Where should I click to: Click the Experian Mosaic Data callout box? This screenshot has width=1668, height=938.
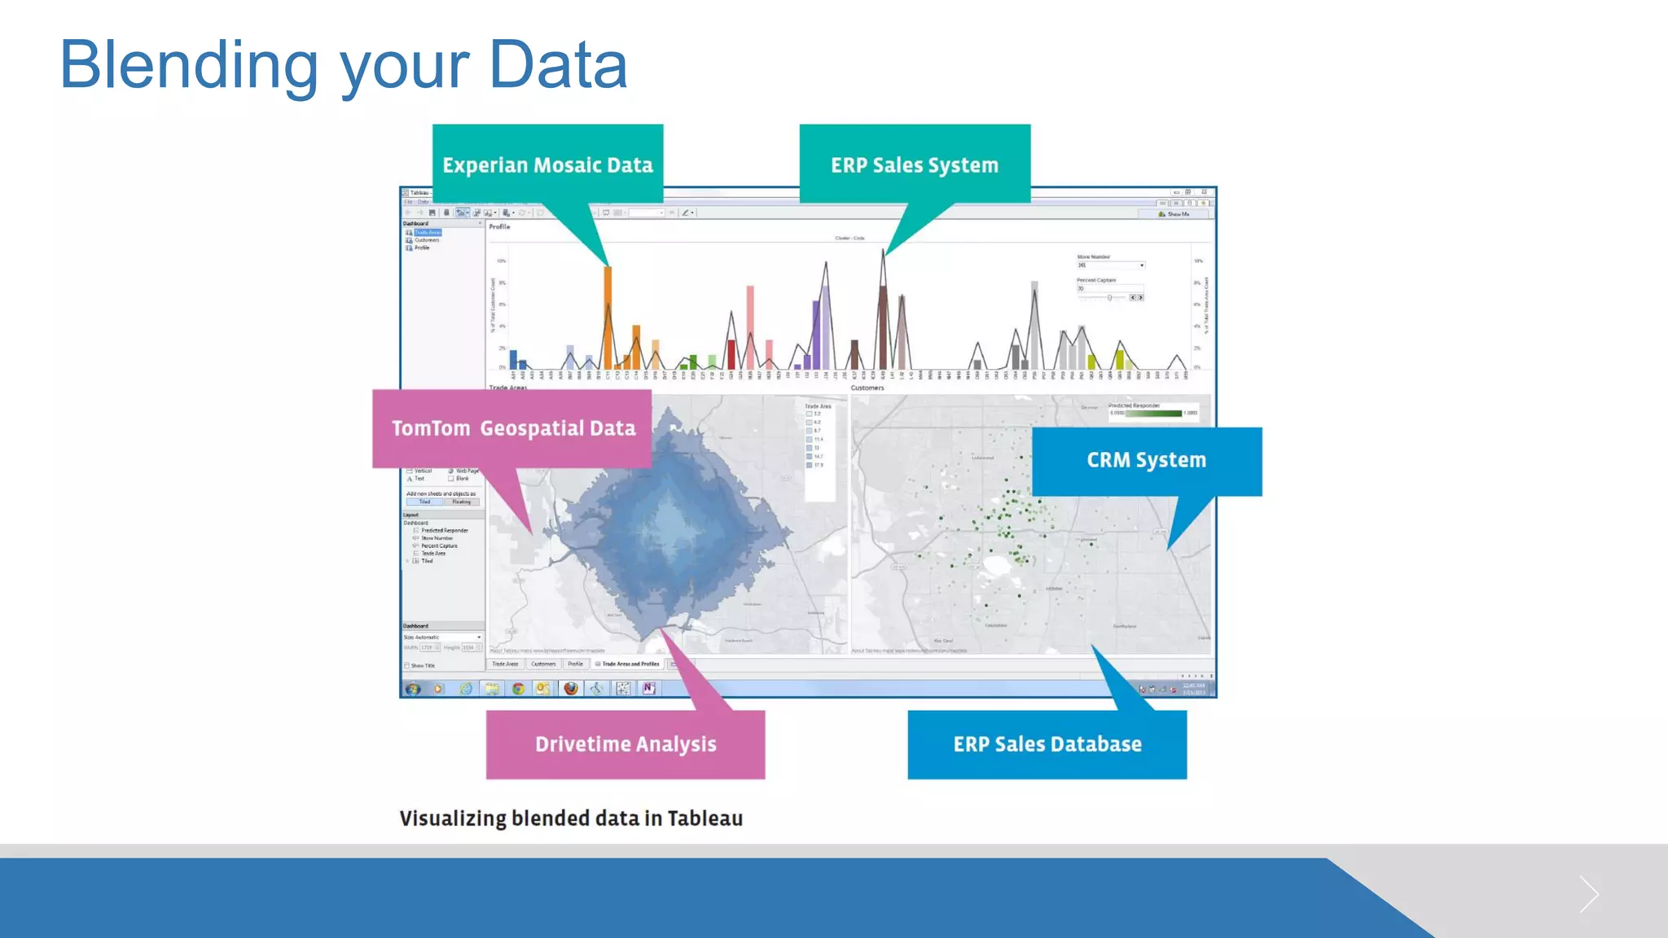click(547, 164)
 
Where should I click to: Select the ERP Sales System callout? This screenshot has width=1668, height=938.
click(915, 164)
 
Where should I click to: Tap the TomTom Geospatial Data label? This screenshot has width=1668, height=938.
click(513, 428)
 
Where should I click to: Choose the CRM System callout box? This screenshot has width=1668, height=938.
click(1146, 461)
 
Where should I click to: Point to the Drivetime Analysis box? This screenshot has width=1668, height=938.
click(625, 744)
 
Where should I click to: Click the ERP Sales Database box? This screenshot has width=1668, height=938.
click(1047, 744)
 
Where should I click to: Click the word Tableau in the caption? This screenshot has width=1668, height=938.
click(705, 818)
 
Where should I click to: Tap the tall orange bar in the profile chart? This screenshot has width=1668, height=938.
click(608, 318)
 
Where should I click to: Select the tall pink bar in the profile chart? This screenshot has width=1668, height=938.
click(750, 326)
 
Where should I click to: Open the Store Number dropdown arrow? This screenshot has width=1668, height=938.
click(1142, 265)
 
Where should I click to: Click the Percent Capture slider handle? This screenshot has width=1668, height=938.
click(1109, 298)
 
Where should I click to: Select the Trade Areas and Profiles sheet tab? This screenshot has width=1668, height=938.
click(629, 664)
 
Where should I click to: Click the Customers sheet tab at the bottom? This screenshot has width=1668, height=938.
click(543, 664)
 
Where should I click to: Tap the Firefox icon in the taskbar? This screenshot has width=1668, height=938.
click(571, 689)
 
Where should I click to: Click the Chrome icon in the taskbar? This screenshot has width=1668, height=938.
click(518, 689)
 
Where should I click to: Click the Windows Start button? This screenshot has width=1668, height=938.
click(414, 689)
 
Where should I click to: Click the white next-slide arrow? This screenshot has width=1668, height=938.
click(1588, 895)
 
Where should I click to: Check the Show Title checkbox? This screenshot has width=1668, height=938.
click(407, 666)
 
